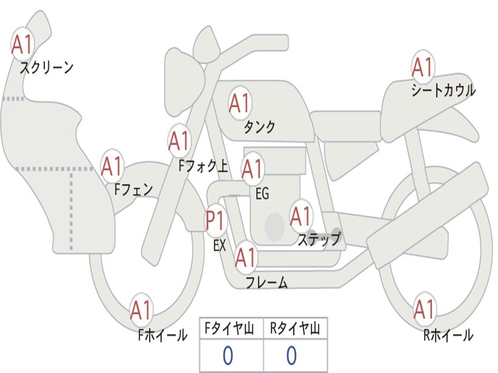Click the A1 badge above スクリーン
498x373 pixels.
(22, 44)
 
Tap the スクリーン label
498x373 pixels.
(46, 67)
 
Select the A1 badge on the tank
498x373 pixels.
(239, 102)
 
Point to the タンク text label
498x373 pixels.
(259, 127)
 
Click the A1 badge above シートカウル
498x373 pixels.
(422, 67)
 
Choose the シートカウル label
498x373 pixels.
(443, 90)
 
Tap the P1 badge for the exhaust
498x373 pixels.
(215, 220)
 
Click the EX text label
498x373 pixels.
(220, 245)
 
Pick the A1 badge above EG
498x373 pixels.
(252, 169)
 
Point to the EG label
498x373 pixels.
(262, 194)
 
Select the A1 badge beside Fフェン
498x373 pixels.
(112, 166)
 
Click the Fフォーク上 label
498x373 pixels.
(203, 167)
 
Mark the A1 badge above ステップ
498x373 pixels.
(301, 216)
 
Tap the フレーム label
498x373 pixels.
(267, 283)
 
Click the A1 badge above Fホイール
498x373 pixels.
(141, 310)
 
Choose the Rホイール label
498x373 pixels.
(448, 335)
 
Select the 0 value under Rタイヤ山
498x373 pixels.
(291, 356)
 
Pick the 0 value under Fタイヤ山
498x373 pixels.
(228, 356)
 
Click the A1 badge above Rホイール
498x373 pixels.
(424, 309)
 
